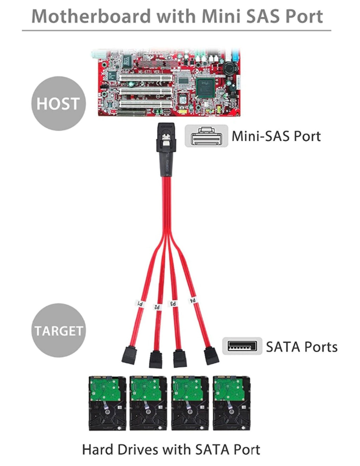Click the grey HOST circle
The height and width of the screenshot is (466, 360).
58,103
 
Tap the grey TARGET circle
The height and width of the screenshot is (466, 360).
58,330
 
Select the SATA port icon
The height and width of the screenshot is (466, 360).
242,346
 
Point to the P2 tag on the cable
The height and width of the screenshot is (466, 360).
158,307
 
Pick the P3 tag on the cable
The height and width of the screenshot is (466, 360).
174,303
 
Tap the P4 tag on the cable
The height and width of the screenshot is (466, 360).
193,300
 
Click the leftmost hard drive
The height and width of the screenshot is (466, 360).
107,403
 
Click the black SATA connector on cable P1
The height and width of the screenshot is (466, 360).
128,355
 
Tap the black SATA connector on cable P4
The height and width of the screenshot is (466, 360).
212,356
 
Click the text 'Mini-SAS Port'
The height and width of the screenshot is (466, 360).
276,136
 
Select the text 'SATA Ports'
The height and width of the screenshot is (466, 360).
302,347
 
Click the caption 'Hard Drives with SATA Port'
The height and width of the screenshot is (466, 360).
171,449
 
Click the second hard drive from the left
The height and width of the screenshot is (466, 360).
148,403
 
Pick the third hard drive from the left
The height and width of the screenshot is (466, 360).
190,403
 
